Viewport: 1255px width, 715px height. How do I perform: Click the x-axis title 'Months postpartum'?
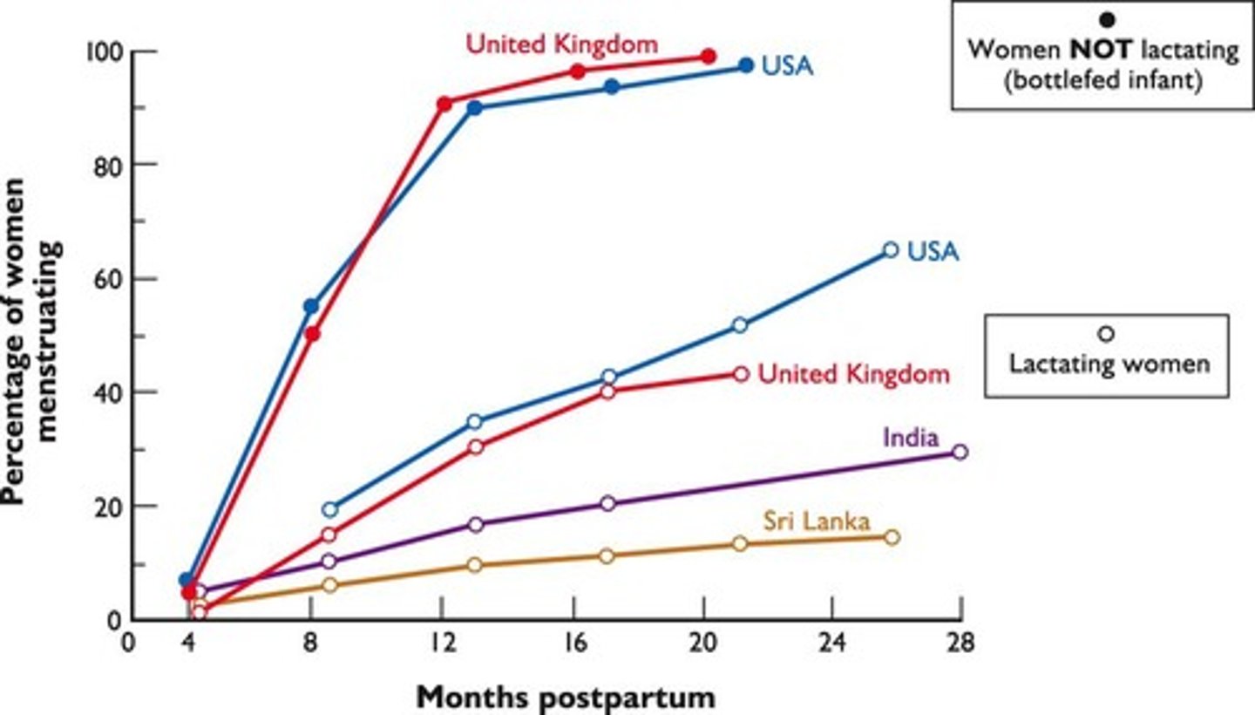[566, 697]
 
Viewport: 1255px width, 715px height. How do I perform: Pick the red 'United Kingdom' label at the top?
[562, 44]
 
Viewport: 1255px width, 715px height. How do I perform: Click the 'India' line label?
[911, 437]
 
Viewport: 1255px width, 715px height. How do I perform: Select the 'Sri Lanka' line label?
[817, 521]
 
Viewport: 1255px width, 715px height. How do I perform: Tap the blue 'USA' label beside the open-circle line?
[933, 251]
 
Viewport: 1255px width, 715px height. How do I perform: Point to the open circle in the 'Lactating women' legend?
[1107, 333]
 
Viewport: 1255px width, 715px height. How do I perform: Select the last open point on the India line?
[960, 452]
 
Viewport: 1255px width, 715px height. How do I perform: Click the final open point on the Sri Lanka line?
[892, 537]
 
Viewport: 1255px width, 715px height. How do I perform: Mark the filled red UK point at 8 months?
[313, 334]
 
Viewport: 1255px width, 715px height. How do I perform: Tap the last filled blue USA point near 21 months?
[746, 65]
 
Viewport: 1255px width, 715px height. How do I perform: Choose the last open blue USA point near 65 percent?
[890, 250]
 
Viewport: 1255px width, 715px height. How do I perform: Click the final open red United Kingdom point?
[741, 374]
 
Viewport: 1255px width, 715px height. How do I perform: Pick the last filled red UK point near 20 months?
[709, 56]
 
